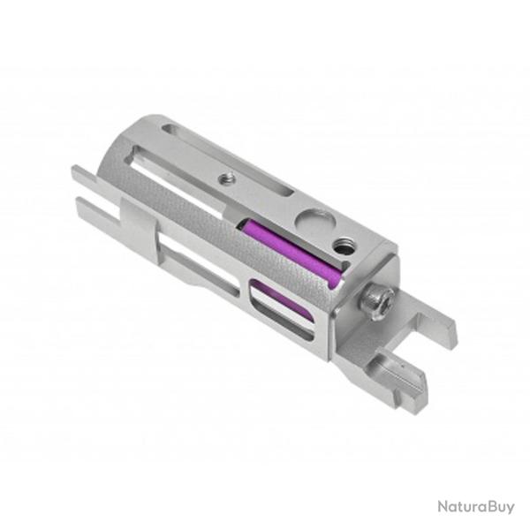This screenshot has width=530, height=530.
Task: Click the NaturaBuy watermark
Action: (475, 507)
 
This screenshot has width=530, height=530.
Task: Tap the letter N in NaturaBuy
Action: (443, 507)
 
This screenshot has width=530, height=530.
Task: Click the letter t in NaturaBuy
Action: (459, 507)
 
